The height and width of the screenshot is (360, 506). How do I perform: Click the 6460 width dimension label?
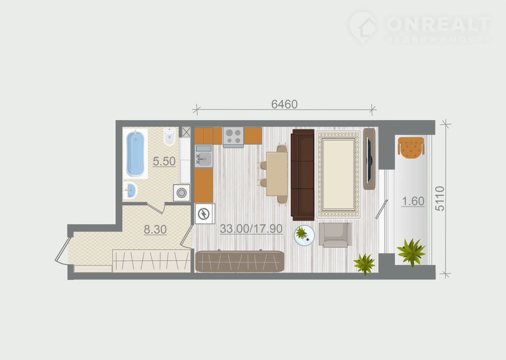284,104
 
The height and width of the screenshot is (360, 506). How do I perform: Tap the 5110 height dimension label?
440,199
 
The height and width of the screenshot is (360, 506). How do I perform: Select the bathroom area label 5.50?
164,161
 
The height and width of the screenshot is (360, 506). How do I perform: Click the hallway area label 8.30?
155,229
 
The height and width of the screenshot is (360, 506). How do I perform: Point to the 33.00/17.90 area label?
251,229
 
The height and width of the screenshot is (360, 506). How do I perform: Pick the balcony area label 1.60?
413,201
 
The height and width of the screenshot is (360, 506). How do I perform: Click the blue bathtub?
135,154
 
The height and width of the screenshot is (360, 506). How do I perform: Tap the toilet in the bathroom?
170,136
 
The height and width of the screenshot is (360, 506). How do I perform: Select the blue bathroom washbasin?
130,191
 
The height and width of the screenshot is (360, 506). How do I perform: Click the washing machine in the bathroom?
181,193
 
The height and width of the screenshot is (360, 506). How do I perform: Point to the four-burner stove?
233,137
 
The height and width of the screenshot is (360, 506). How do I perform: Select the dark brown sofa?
302,174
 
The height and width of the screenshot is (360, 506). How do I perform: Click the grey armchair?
335,235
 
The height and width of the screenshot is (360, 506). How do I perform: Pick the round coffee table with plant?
304,235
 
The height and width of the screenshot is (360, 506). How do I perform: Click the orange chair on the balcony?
411,148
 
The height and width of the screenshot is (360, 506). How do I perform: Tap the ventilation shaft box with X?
186,132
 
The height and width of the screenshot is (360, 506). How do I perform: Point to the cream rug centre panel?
338,174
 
